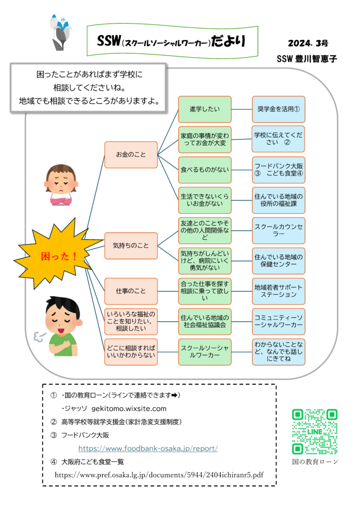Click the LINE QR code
pyautogui.click(x=315, y=432)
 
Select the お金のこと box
pyautogui.click(x=131, y=155)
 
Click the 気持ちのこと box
pyautogui.click(x=131, y=246)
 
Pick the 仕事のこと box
pyautogui.click(x=131, y=291)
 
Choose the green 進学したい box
pyautogui.click(x=205, y=109)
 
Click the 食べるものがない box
pyautogui.click(x=205, y=170)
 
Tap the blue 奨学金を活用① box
pyautogui.click(x=278, y=109)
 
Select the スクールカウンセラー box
pyautogui.click(x=278, y=231)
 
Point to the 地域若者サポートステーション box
pyautogui.click(x=278, y=291)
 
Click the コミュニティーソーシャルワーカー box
pyautogui.click(x=278, y=322)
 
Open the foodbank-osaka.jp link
pyautogui.click(x=148, y=449)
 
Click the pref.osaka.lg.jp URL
pyautogui.click(x=159, y=475)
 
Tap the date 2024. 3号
pyautogui.click(x=308, y=43)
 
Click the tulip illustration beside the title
pyautogui.click(x=60, y=32)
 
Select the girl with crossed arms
pyautogui.click(x=61, y=185)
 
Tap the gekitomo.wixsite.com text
pyautogui.click(x=129, y=409)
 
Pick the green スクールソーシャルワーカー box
pyautogui.click(x=205, y=352)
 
